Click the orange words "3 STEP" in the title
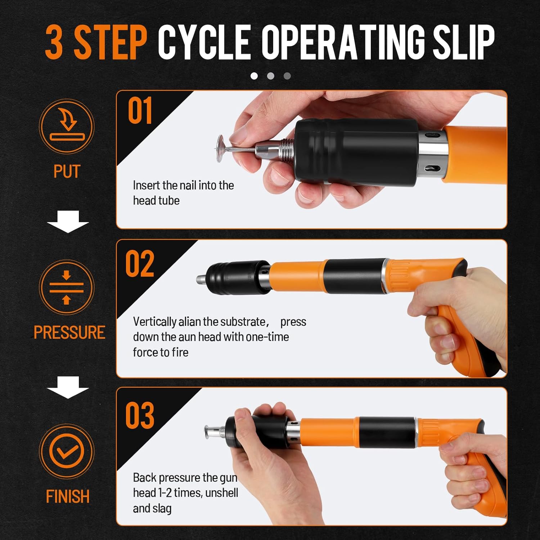pyautogui.click(x=96, y=42)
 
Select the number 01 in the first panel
pyautogui.click(x=140, y=111)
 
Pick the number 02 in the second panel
pyautogui.click(x=140, y=264)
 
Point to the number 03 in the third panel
pyautogui.click(x=140, y=415)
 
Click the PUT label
pyautogui.click(x=67, y=171)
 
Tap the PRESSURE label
pyautogui.click(x=69, y=332)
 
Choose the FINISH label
pyautogui.click(x=68, y=496)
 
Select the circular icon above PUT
pyautogui.click(x=67, y=126)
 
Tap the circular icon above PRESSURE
pyautogui.click(x=67, y=287)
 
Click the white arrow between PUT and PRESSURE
pyautogui.click(x=68, y=222)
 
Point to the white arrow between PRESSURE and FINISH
pyautogui.click(x=68, y=387)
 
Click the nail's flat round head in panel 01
pyautogui.click(x=220, y=148)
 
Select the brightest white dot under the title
pyautogui.click(x=254, y=76)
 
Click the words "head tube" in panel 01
pyautogui.click(x=156, y=201)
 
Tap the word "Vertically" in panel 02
pyautogui.click(x=155, y=322)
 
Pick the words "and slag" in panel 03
pyautogui.click(x=152, y=508)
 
